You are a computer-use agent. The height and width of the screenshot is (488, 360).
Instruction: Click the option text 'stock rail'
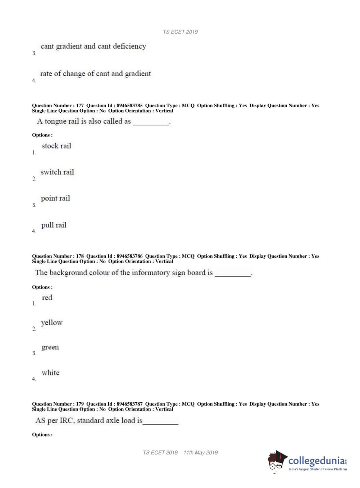point(56,146)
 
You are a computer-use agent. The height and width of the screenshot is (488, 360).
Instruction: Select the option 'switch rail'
point(57,172)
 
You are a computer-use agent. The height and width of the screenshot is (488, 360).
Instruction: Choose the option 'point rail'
point(55,198)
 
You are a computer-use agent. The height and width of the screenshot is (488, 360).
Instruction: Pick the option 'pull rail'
point(54,225)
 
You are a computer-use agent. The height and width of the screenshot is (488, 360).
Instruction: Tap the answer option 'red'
point(47,298)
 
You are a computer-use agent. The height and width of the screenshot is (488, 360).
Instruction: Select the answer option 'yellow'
point(51,322)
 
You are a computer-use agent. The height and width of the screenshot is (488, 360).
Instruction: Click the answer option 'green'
point(50,347)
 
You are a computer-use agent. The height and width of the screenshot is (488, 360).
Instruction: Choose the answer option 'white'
point(50,373)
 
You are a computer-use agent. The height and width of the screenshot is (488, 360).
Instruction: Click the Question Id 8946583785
point(129,105)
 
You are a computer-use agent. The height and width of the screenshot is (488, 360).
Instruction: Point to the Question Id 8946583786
point(129,256)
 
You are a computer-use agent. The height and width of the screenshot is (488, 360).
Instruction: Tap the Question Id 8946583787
point(129,404)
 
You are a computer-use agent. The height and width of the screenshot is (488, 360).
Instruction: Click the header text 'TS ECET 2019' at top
point(180,32)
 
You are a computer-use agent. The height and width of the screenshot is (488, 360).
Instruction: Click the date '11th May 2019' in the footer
point(200,453)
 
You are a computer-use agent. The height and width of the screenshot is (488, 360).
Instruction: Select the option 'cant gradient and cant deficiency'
point(93,46)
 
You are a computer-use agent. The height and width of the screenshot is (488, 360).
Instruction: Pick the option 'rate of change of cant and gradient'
point(95,73)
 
